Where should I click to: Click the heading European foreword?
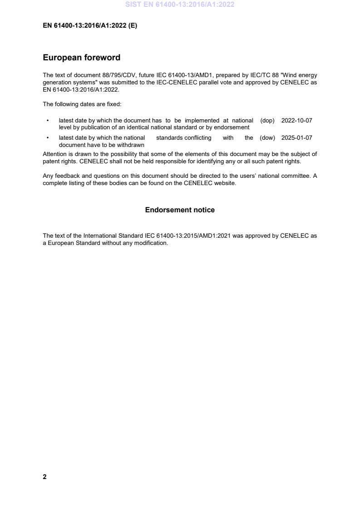point(81,58)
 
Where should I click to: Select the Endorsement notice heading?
point(180,210)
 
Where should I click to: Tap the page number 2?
point(44,477)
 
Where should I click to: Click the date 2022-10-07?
point(296,121)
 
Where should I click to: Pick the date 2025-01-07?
point(296,138)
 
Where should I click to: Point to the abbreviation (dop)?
point(267,121)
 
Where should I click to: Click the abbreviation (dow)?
point(267,138)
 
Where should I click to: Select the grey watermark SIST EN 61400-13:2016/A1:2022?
point(180,5)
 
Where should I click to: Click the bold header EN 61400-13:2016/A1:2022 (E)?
point(90,26)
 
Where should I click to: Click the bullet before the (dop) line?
point(48,121)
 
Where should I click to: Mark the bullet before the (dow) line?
point(48,138)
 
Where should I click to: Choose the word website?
point(225,184)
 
